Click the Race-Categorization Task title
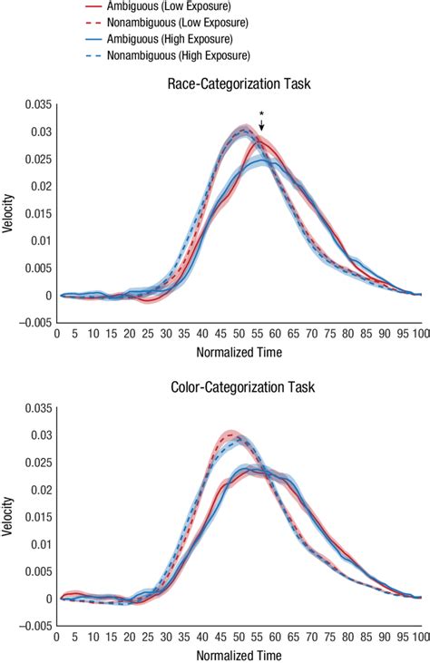(x=239, y=84)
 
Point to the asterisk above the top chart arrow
(x=261, y=114)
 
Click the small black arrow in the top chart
(x=261, y=126)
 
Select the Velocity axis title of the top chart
(x=8, y=214)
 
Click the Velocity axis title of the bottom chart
(x=8, y=517)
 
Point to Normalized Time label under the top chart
(x=239, y=352)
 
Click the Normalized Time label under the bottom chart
(x=239, y=655)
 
